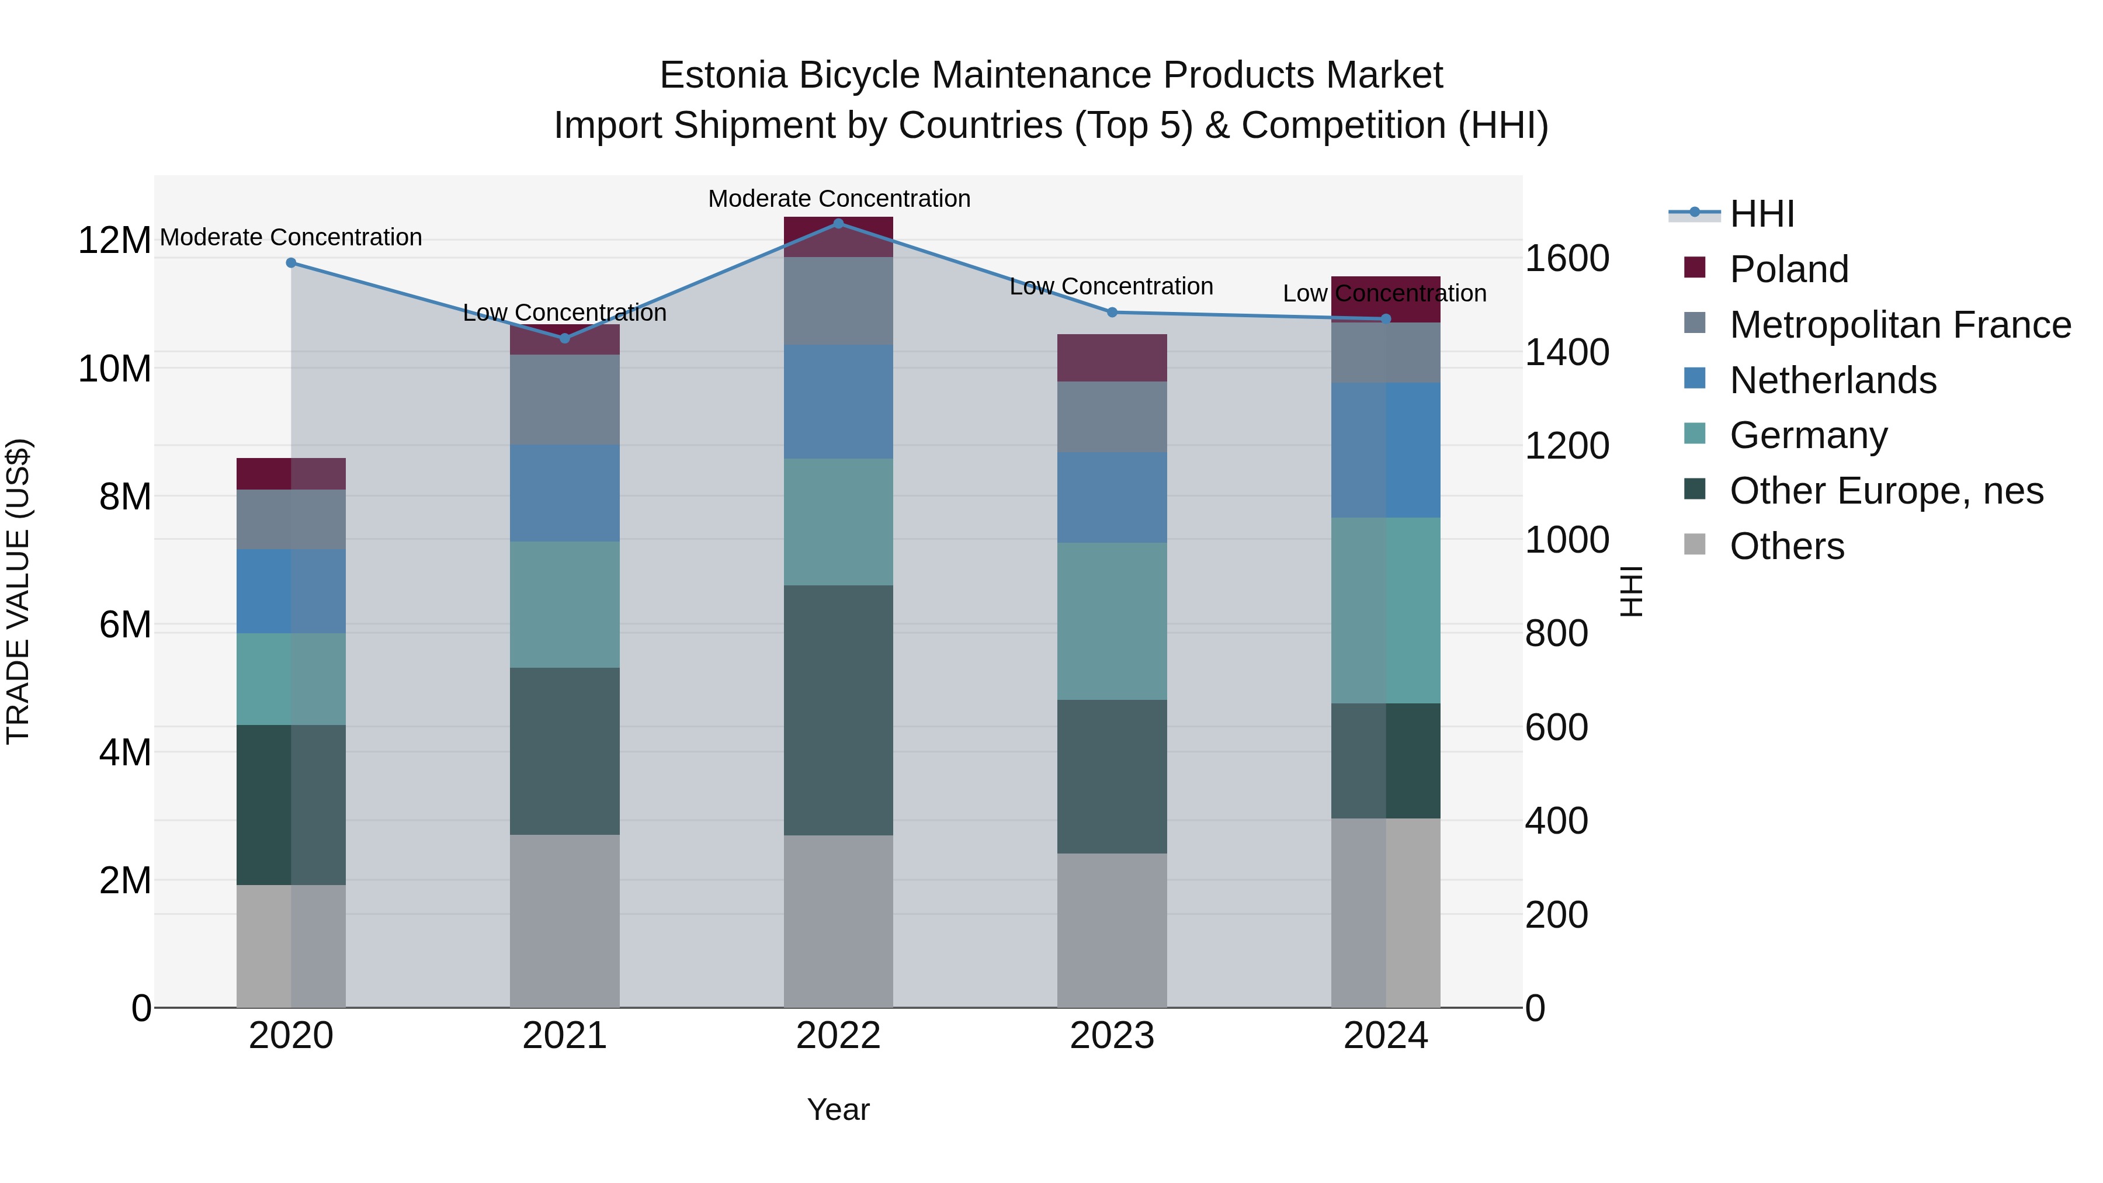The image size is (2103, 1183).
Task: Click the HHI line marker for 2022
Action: coord(838,223)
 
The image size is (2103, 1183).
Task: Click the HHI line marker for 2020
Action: coord(291,263)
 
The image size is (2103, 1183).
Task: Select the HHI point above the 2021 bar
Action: coord(565,338)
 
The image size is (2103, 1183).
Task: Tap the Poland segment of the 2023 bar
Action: coord(1112,358)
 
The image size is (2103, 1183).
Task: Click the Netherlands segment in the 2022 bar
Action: coord(838,402)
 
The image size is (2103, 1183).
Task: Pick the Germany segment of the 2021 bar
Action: coord(565,604)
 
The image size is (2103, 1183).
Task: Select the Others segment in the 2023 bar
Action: coord(1112,930)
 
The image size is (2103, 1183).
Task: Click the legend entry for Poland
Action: coord(1789,269)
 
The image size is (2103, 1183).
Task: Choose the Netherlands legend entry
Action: coord(1833,380)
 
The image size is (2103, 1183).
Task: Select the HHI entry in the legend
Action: coord(1762,214)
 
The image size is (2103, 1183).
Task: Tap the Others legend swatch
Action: coord(1695,544)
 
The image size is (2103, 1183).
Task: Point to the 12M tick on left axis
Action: coord(114,241)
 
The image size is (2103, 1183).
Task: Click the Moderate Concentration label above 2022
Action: coord(838,199)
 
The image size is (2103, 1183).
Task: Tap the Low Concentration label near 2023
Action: coord(1111,287)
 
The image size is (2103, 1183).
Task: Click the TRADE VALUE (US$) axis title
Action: coord(19,591)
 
